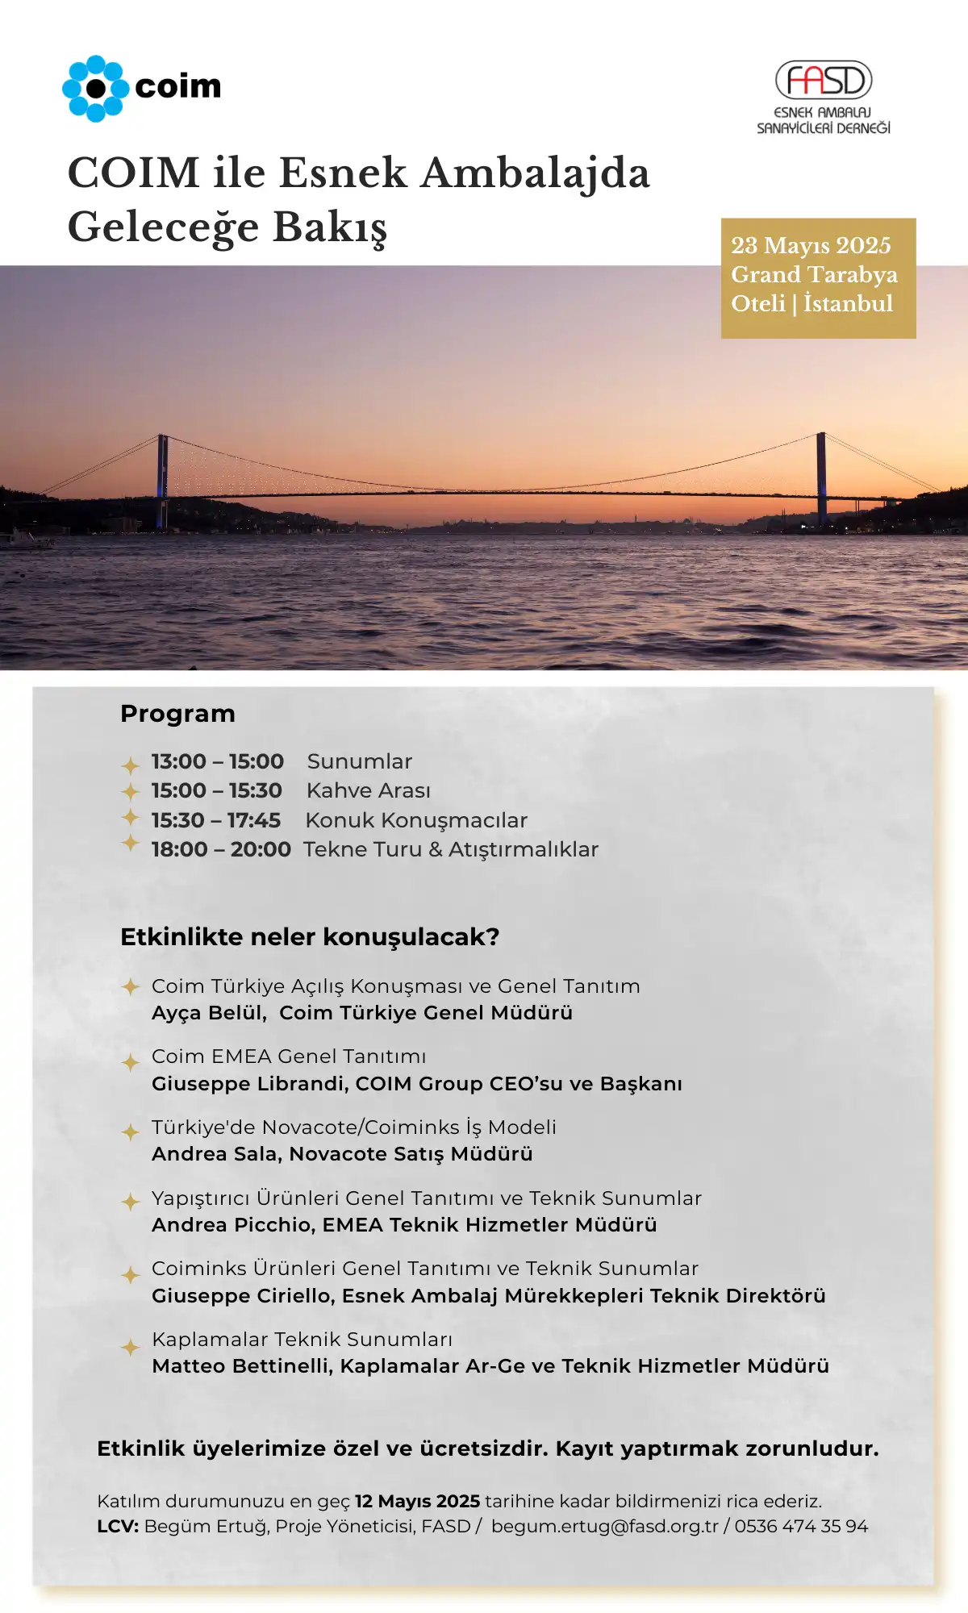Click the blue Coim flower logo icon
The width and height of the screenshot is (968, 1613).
pos(95,89)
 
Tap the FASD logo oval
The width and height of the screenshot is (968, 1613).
pos(824,80)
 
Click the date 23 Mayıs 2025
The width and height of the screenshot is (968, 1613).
pos(811,245)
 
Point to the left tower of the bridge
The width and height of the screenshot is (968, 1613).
pos(163,480)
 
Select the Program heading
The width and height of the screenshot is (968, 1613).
pos(177,714)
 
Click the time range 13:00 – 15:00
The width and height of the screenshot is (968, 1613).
pos(217,761)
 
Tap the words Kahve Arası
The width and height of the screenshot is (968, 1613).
pos(369,790)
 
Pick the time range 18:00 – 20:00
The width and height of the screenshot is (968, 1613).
pos(221,849)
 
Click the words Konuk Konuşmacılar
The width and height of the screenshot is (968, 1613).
pos(416,820)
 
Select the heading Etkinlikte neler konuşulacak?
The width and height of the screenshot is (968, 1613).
pos(310,937)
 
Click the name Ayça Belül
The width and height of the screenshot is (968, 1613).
pos(208,1013)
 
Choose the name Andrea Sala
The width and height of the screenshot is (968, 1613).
pos(215,1154)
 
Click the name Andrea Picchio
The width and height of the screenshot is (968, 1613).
pos(232,1225)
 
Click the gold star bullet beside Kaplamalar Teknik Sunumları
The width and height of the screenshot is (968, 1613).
pos(130,1346)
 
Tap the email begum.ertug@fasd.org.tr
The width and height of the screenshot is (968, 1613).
pos(604,1526)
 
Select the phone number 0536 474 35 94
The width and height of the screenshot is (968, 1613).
pos(801,1526)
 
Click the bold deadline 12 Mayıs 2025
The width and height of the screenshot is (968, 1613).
pos(417,1501)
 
